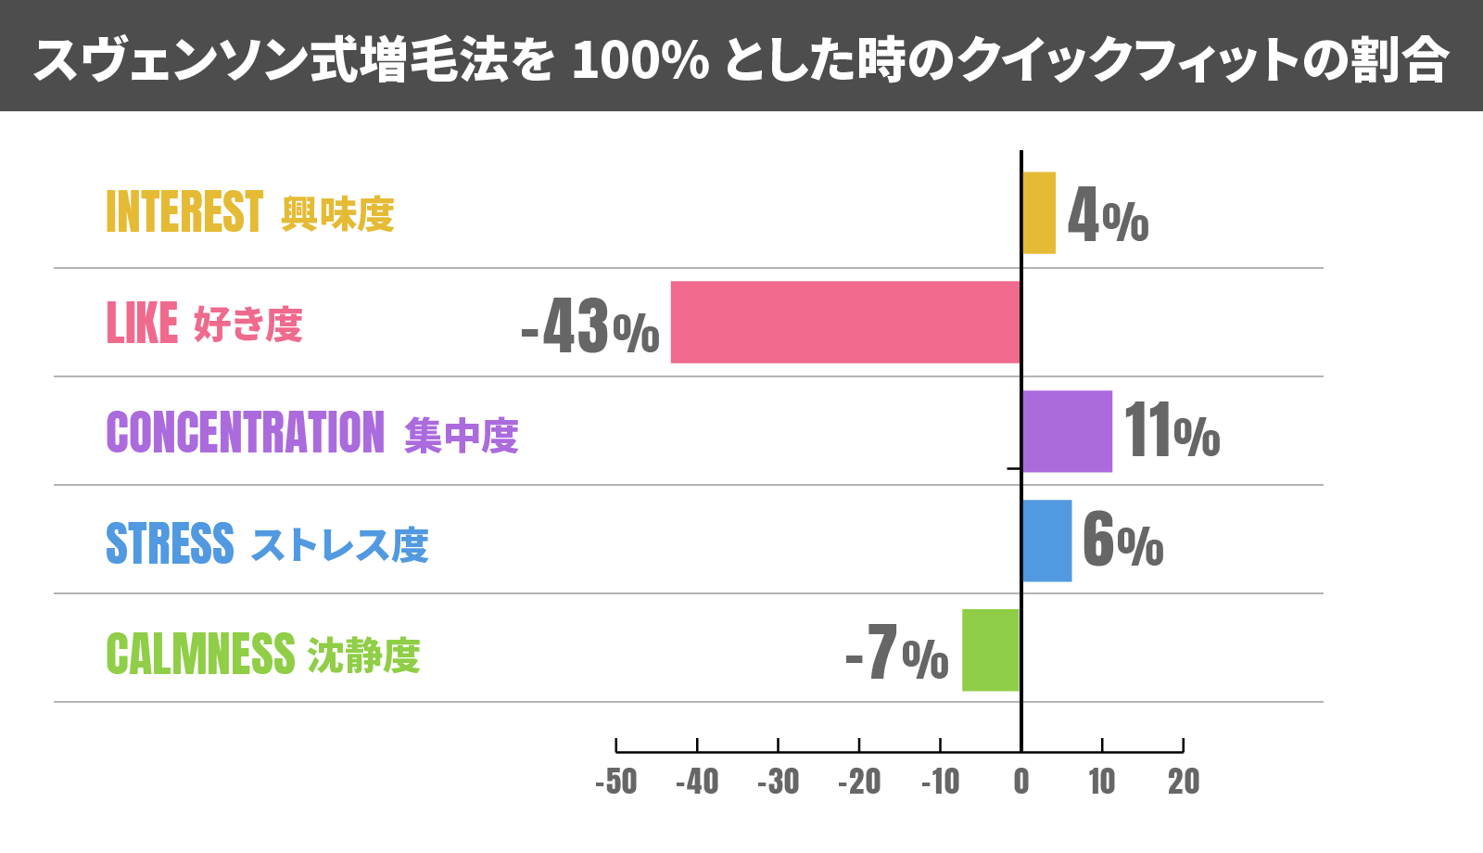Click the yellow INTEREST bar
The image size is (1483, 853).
point(1038,212)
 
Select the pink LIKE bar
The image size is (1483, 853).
point(845,322)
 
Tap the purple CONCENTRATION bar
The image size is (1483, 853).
point(1067,431)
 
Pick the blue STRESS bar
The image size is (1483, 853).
point(1046,541)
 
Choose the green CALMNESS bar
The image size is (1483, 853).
point(991,650)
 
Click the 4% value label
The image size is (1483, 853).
point(1108,215)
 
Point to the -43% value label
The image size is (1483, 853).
point(590,325)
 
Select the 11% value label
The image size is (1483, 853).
point(1172,431)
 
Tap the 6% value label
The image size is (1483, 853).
point(1122,541)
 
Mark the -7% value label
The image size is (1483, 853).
point(897,653)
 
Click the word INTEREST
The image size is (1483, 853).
point(184,211)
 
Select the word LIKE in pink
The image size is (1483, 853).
point(142,324)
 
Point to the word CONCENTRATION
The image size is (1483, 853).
point(245,432)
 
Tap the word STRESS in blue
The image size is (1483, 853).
point(170,543)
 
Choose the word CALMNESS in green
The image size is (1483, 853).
point(200,653)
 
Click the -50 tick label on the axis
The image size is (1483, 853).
point(616,782)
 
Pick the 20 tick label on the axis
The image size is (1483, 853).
point(1184,782)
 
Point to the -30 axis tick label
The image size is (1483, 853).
point(779,782)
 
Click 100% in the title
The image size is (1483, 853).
point(640,60)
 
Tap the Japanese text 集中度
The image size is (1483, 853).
point(462,435)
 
